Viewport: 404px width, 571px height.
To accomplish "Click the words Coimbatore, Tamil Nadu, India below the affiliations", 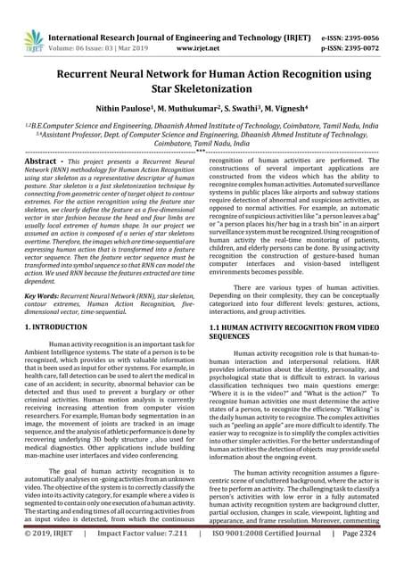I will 202,141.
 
